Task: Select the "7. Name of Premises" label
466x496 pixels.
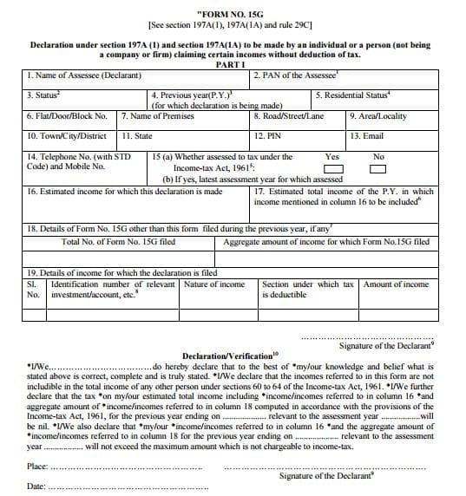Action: [154, 115]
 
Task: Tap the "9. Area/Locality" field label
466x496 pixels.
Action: [377, 115]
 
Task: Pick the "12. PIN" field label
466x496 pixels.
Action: [266, 136]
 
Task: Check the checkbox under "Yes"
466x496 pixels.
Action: [332, 168]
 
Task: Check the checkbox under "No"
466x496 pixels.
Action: [377, 168]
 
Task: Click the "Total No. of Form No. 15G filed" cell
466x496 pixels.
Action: [116, 242]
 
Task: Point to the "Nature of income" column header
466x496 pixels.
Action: [214, 284]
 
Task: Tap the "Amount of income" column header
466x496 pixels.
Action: [396, 284]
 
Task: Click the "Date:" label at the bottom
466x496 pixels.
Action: [36, 487]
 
